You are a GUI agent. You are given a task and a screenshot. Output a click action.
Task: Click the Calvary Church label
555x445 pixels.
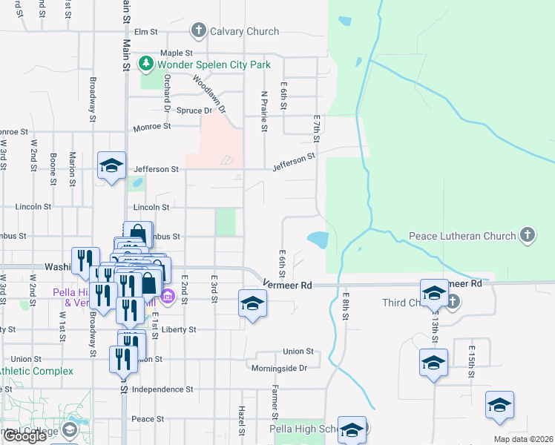coord(244,31)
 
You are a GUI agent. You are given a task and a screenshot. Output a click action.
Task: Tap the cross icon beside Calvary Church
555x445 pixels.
coord(198,31)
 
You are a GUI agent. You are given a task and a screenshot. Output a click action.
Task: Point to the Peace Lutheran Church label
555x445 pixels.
coord(462,236)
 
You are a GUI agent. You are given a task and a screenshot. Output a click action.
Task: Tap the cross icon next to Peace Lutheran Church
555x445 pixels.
coord(527,235)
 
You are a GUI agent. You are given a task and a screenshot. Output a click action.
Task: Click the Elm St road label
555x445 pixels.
coord(147,32)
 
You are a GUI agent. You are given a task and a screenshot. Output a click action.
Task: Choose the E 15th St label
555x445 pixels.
coord(471,362)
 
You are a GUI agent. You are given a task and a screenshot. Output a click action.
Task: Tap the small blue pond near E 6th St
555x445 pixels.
coord(318,240)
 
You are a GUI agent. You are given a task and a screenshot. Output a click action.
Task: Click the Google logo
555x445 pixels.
coord(24,436)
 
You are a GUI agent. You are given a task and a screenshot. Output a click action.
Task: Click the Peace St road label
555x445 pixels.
coord(142,419)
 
